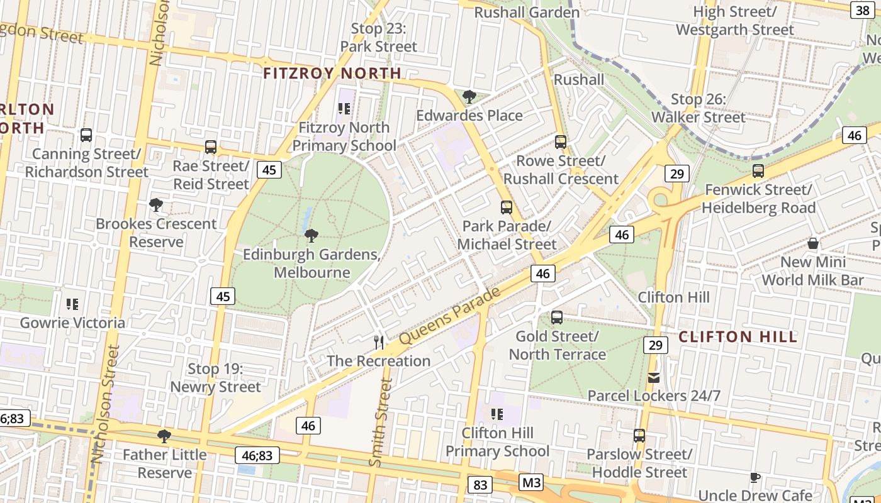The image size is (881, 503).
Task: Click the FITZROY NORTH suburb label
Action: coord(332,74)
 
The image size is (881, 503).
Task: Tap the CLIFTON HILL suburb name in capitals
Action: coord(738,336)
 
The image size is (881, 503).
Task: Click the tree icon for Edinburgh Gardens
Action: coord(311,236)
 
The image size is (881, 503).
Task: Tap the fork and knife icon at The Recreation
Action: coord(379,342)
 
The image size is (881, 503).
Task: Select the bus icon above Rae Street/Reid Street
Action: coord(211,147)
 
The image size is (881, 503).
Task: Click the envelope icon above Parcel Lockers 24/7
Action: coord(654,377)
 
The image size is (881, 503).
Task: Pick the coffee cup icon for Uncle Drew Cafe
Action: coord(755,478)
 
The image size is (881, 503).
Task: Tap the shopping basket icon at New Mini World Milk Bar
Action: coord(813,243)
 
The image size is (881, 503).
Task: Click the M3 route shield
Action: coord(530,483)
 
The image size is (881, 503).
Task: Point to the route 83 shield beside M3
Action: coord(480,485)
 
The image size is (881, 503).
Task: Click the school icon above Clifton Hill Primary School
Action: coord(497,414)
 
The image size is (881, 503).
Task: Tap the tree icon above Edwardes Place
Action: coord(469,97)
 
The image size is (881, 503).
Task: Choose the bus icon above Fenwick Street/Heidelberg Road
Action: coord(758,171)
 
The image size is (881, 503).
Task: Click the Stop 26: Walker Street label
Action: coord(699,108)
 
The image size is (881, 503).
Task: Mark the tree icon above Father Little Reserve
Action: coord(164,436)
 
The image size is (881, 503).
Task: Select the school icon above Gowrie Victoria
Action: coord(72,304)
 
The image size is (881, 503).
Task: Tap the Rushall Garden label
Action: coord(527,13)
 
